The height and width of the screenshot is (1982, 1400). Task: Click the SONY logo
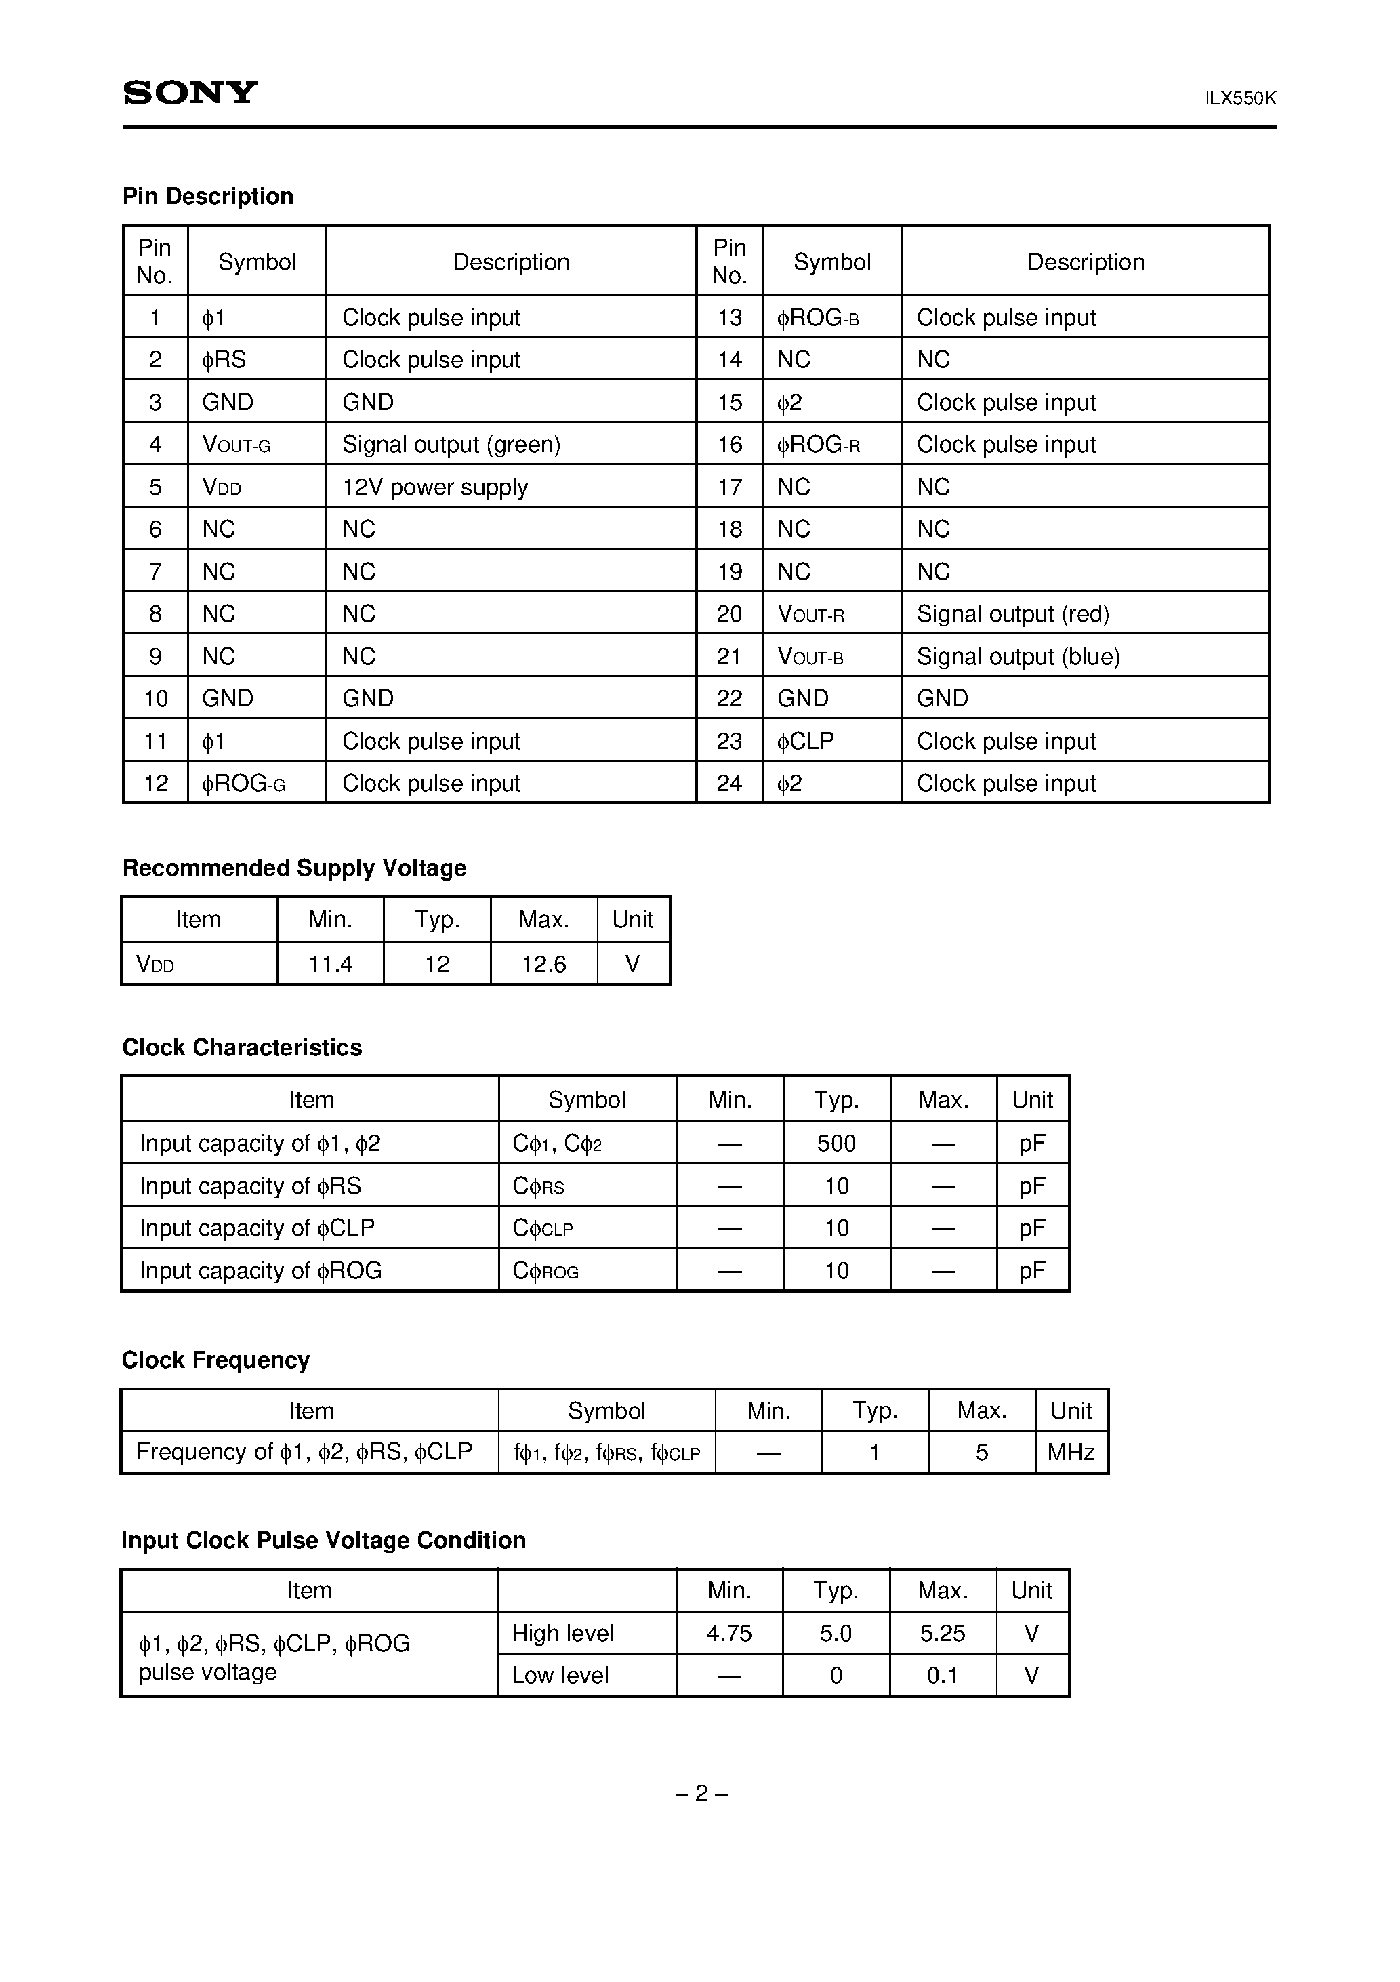tap(190, 92)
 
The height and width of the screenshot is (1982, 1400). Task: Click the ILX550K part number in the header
tap(1239, 98)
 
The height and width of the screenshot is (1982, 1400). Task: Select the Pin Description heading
tap(208, 196)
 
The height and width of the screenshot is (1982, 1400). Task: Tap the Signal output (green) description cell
tap(451, 445)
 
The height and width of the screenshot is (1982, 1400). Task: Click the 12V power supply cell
tap(434, 487)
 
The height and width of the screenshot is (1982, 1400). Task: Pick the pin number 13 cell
tap(729, 318)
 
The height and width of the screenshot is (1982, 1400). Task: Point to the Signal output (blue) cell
tap(1018, 657)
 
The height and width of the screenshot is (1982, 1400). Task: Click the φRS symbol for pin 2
tap(224, 360)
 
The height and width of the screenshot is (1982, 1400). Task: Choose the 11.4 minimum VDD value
tap(330, 965)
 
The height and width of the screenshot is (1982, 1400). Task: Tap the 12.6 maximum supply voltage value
tap(543, 965)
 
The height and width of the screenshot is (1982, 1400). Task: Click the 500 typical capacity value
tap(836, 1144)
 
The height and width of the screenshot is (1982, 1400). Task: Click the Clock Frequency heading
tap(215, 1360)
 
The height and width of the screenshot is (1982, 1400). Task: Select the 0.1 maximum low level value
tap(942, 1676)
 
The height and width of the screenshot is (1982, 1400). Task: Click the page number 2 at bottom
tap(700, 1794)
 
